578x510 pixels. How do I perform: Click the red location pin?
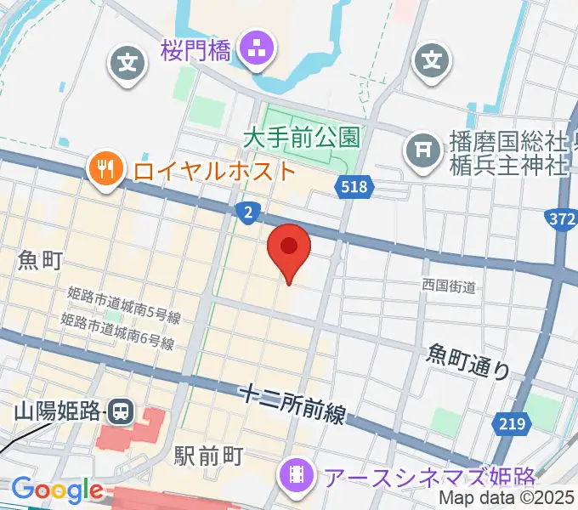pos(289,248)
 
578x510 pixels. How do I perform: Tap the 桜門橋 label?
pos(195,50)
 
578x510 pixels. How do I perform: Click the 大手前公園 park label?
pos(302,135)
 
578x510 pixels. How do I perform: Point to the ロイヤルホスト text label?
pos(214,169)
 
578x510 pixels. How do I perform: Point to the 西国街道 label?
pos(449,286)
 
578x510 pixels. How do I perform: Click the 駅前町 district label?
pos(209,456)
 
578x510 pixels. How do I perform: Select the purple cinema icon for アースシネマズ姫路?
pos(297,473)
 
